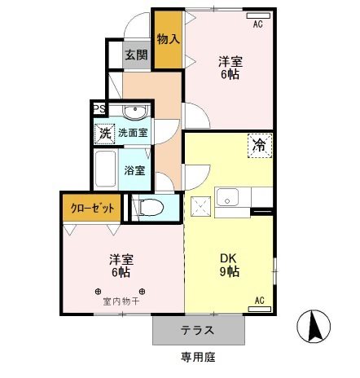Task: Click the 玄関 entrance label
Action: pos(136,55)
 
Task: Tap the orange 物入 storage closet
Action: pos(168,38)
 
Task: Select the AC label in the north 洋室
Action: pos(257,24)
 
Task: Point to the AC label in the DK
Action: pos(260,301)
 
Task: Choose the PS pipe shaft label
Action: pos(99,108)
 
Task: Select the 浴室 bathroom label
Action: pos(134,170)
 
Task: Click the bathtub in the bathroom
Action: pos(104,171)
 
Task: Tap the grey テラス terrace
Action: pos(198,331)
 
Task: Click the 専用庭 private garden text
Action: pos(198,358)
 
